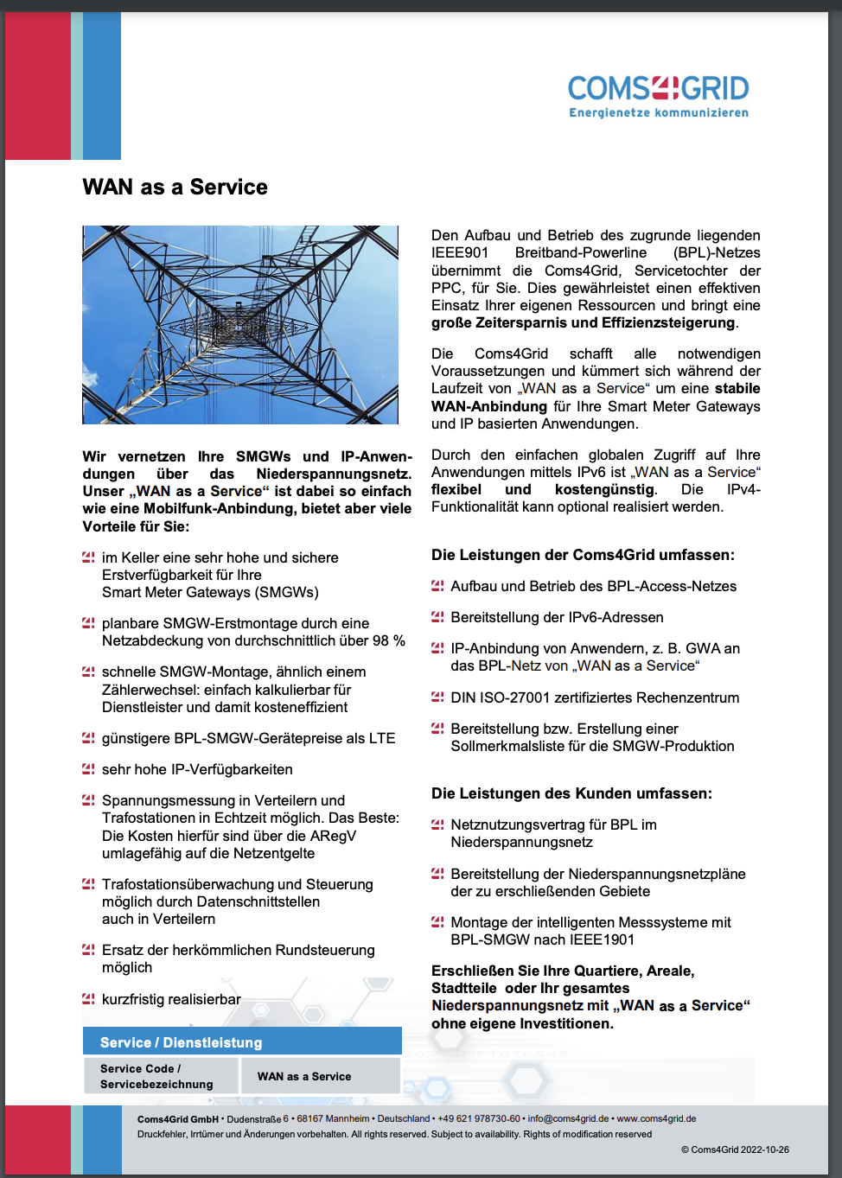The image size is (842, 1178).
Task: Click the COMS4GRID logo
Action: click(658, 89)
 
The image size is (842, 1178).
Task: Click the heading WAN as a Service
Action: click(175, 188)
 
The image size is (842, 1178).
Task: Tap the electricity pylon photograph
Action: click(240, 325)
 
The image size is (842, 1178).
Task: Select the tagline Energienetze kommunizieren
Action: click(659, 113)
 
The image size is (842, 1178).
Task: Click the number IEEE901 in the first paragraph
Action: click(460, 253)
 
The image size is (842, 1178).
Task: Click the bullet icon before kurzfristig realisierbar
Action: click(88, 999)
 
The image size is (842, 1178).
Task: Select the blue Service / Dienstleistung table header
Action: click(242, 1042)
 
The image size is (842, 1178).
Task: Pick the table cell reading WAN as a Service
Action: click(304, 1077)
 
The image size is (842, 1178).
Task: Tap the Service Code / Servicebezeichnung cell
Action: click(156, 1077)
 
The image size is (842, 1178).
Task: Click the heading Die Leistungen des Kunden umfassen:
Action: click(571, 793)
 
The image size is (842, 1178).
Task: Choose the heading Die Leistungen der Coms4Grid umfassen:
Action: click(583, 555)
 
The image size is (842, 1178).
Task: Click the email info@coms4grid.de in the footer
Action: click(568, 1118)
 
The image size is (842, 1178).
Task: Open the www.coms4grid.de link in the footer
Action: click(656, 1118)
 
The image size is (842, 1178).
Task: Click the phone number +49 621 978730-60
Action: click(479, 1118)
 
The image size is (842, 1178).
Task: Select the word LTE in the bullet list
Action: click(382, 738)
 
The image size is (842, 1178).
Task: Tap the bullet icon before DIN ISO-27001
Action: click(437, 697)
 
